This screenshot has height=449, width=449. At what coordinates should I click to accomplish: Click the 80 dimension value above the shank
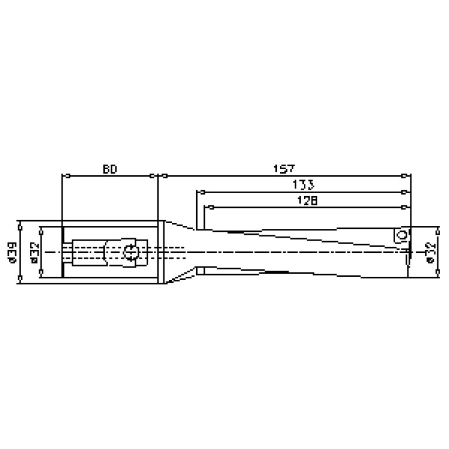[x=110, y=169]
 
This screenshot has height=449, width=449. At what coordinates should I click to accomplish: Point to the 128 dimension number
[x=307, y=201]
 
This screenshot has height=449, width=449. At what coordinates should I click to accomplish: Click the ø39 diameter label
[x=11, y=252]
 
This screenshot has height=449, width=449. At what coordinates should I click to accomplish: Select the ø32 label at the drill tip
[x=431, y=252]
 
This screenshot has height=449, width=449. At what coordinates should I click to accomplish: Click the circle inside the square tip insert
[x=401, y=235]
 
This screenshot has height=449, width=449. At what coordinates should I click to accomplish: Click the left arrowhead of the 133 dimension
[x=200, y=191]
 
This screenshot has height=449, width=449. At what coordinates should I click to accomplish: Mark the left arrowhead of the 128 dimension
[x=206, y=207]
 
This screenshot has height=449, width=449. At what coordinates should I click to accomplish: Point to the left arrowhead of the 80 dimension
[x=67, y=175]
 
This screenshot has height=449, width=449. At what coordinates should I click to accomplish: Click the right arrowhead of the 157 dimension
[x=405, y=175]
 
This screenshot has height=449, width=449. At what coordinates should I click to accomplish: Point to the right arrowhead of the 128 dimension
[x=405, y=207]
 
